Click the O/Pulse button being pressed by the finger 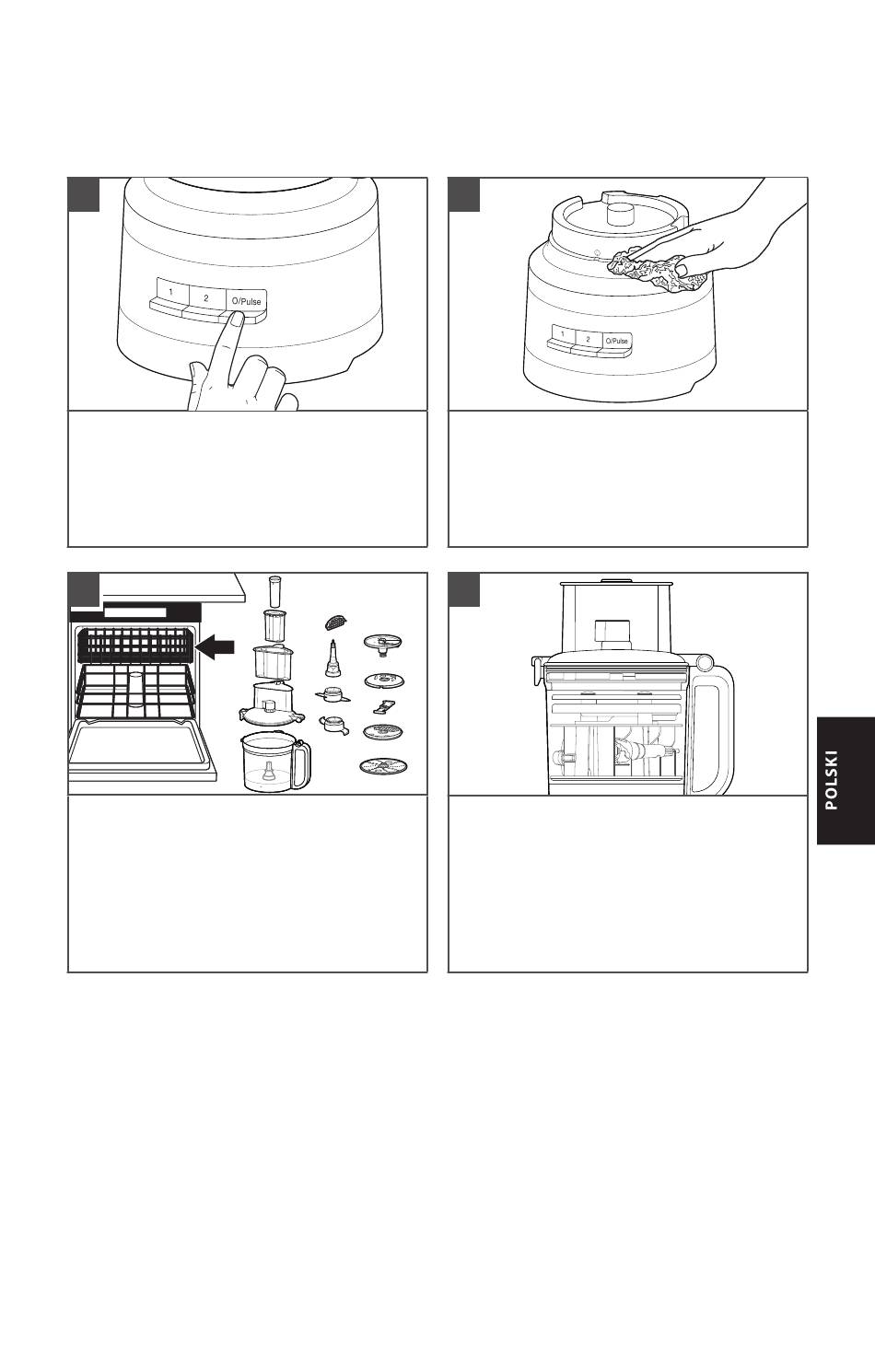(246, 301)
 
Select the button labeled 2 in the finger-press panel (206, 297)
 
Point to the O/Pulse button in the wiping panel (617, 341)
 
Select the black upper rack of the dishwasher (134, 646)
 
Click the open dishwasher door (142, 749)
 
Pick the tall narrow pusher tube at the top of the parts (276, 591)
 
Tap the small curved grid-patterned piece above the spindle (335, 622)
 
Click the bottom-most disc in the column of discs (383, 767)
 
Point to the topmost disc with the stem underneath (383, 644)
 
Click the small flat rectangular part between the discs (383, 706)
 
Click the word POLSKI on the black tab (832, 780)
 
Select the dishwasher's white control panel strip (134, 611)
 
